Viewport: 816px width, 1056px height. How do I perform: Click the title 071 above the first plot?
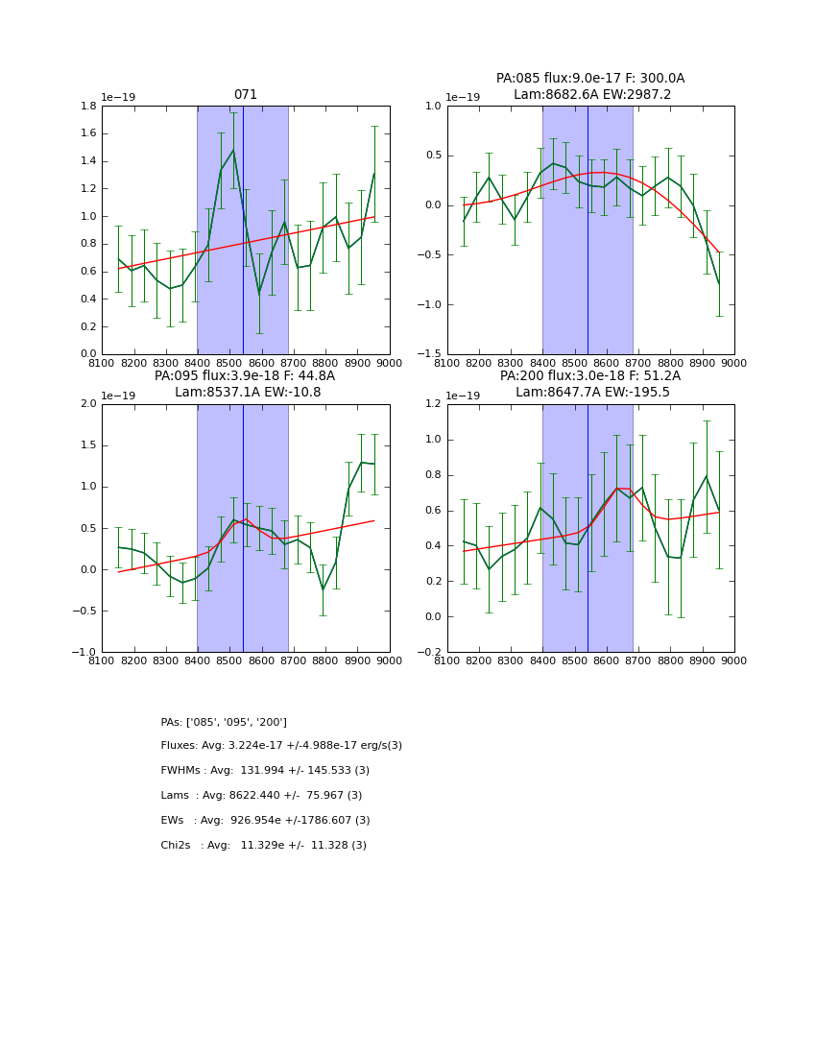tap(246, 95)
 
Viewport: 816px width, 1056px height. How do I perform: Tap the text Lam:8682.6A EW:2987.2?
tap(590, 94)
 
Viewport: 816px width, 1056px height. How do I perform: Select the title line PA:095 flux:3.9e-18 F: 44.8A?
tap(245, 376)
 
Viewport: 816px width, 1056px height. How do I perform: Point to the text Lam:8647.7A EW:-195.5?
tap(590, 392)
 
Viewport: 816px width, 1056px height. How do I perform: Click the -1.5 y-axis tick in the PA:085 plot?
tap(431, 354)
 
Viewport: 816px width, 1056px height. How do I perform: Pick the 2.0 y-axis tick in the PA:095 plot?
tap(89, 404)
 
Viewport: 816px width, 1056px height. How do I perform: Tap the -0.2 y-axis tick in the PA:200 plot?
tap(431, 652)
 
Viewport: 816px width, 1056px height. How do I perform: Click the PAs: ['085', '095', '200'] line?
tap(224, 722)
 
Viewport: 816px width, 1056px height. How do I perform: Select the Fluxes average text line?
tap(281, 746)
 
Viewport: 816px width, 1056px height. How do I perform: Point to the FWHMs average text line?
tap(265, 771)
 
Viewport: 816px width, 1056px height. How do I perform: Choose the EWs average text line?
tap(265, 821)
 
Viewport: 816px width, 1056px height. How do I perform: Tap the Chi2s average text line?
tap(263, 846)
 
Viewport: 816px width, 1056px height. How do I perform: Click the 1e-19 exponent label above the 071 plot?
tap(119, 97)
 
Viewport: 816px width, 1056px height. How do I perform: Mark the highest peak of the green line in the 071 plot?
tap(232, 150)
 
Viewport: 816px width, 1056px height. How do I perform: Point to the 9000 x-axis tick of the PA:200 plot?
tap(734, 660)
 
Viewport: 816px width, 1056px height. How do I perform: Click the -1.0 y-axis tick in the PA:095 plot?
tap(85, 652)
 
